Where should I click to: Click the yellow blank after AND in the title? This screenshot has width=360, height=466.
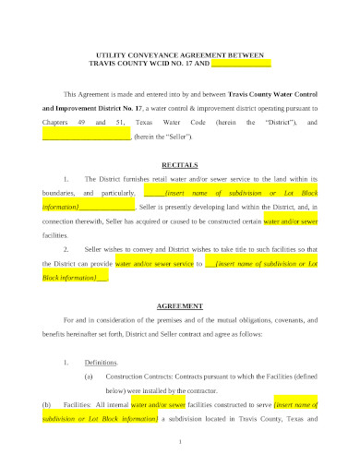click(x=241, y=64)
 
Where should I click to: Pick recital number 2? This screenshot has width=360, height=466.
click(x=65, y=249)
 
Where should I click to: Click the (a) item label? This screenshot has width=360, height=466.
click(x=89, y=376)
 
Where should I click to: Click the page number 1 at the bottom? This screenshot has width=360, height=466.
click(x=180, y=442)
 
